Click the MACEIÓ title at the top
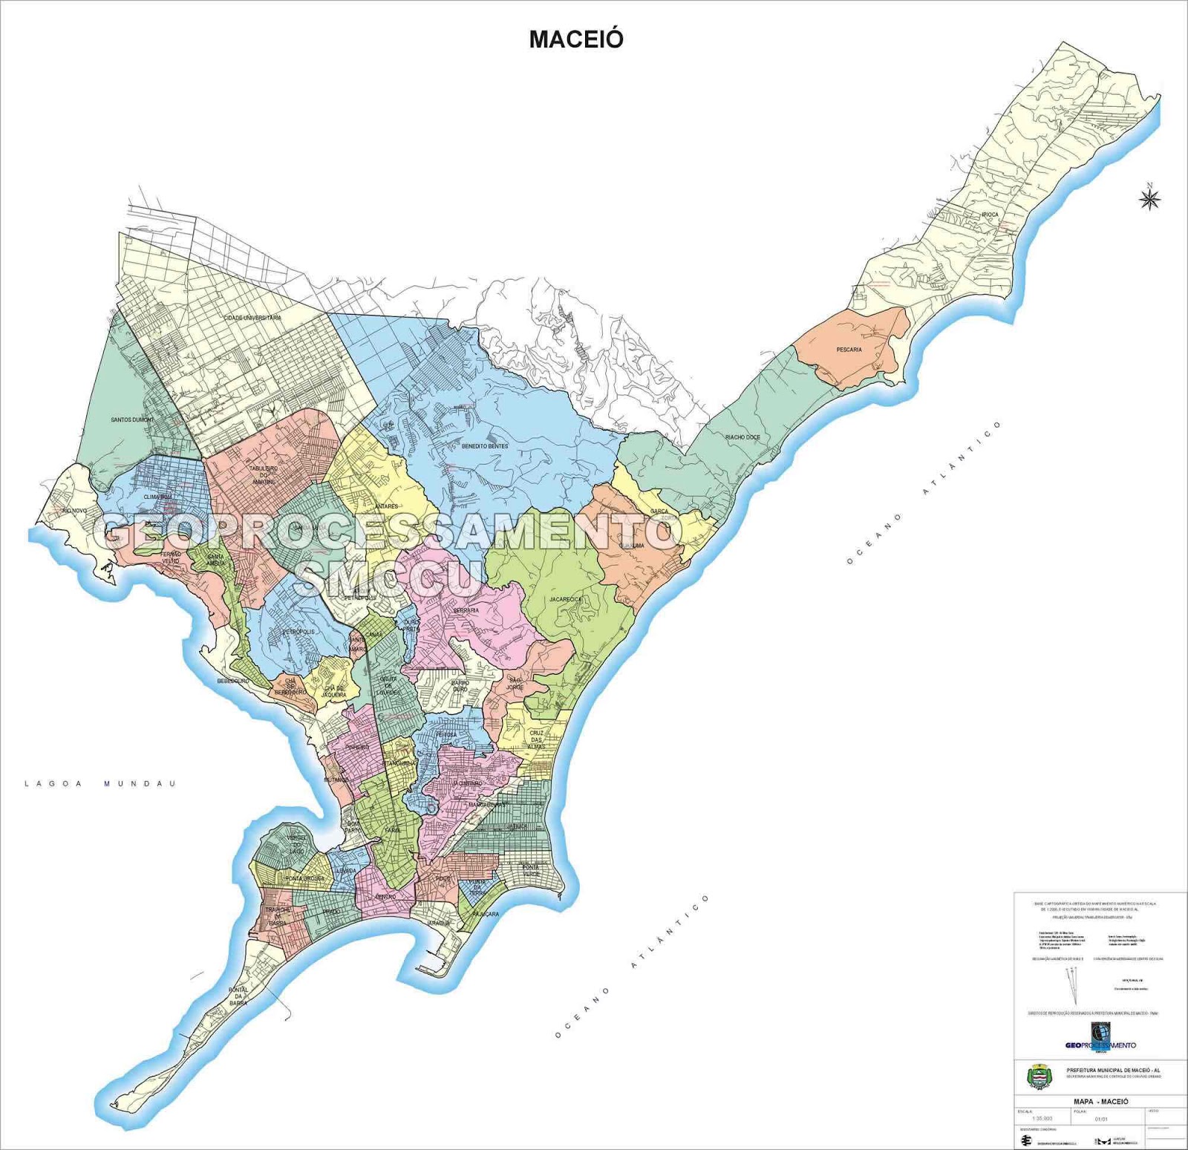point(575,39)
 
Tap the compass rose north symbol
point(1149,198)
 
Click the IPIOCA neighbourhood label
point(990,215)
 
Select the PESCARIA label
point(849,350)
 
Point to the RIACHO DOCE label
point(742,437)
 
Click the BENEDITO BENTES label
point(485,446)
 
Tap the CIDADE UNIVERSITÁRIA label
point(252,318)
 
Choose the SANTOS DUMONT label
point(132,420)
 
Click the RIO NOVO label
point(74,511)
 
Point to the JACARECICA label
point(566,599)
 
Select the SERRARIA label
point(466,610)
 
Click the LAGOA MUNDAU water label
point(100,783)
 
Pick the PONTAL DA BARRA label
point(238,996)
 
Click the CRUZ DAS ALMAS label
point(536,739)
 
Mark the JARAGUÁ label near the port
point(438,923)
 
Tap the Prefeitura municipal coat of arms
point(1039,1075)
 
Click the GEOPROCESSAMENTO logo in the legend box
point(1100,1037)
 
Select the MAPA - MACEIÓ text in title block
point(1100,1101)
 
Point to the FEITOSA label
point(446,734)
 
